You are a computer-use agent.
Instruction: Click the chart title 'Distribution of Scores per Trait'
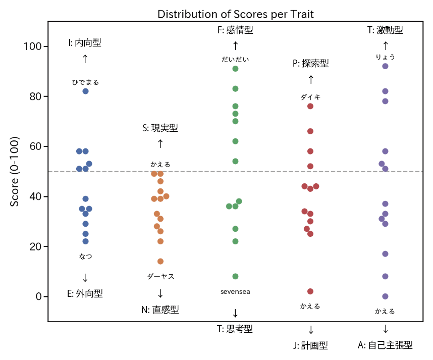tap(236, 14)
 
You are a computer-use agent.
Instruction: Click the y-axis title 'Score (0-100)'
tap(15, 171)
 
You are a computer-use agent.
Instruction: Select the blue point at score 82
tap(86, 91)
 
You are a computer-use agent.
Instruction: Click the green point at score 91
tap(235, 69)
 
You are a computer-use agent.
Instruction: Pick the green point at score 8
tap(235, 276)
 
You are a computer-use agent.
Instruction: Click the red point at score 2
tap(310, 291)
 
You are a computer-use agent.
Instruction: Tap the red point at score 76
tap(310, 106)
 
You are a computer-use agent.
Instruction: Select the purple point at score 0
tap(386, 296)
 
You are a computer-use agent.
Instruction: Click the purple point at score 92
tap(386, 66)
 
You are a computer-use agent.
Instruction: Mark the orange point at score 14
tap(160, 262)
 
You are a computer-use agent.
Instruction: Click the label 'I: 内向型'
tap(85, 43)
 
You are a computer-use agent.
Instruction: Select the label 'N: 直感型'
tap(160, 310)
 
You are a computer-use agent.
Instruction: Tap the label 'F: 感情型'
tap(235, 30)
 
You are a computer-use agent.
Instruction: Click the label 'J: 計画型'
tap(310, 346)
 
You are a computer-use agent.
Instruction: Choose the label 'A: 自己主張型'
tap(385, 346)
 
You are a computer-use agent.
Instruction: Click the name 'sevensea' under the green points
tap(235, 292)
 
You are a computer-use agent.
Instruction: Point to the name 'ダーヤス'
tap(160, 277)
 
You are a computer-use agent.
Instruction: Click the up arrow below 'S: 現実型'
tap(160, 144)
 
